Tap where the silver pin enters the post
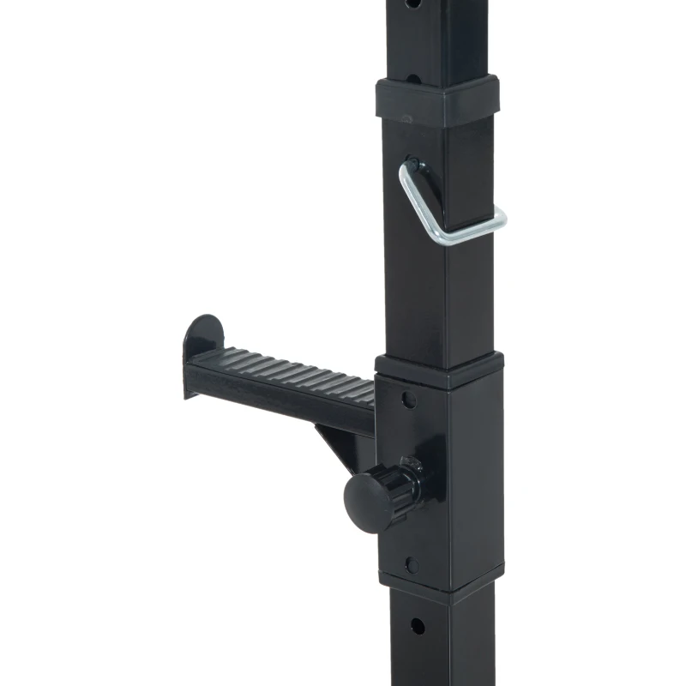[414, 162]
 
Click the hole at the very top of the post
[414, 4]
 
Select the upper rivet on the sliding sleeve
[410, 400]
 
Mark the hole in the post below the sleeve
[417, 625]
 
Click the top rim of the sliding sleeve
[437, 367]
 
